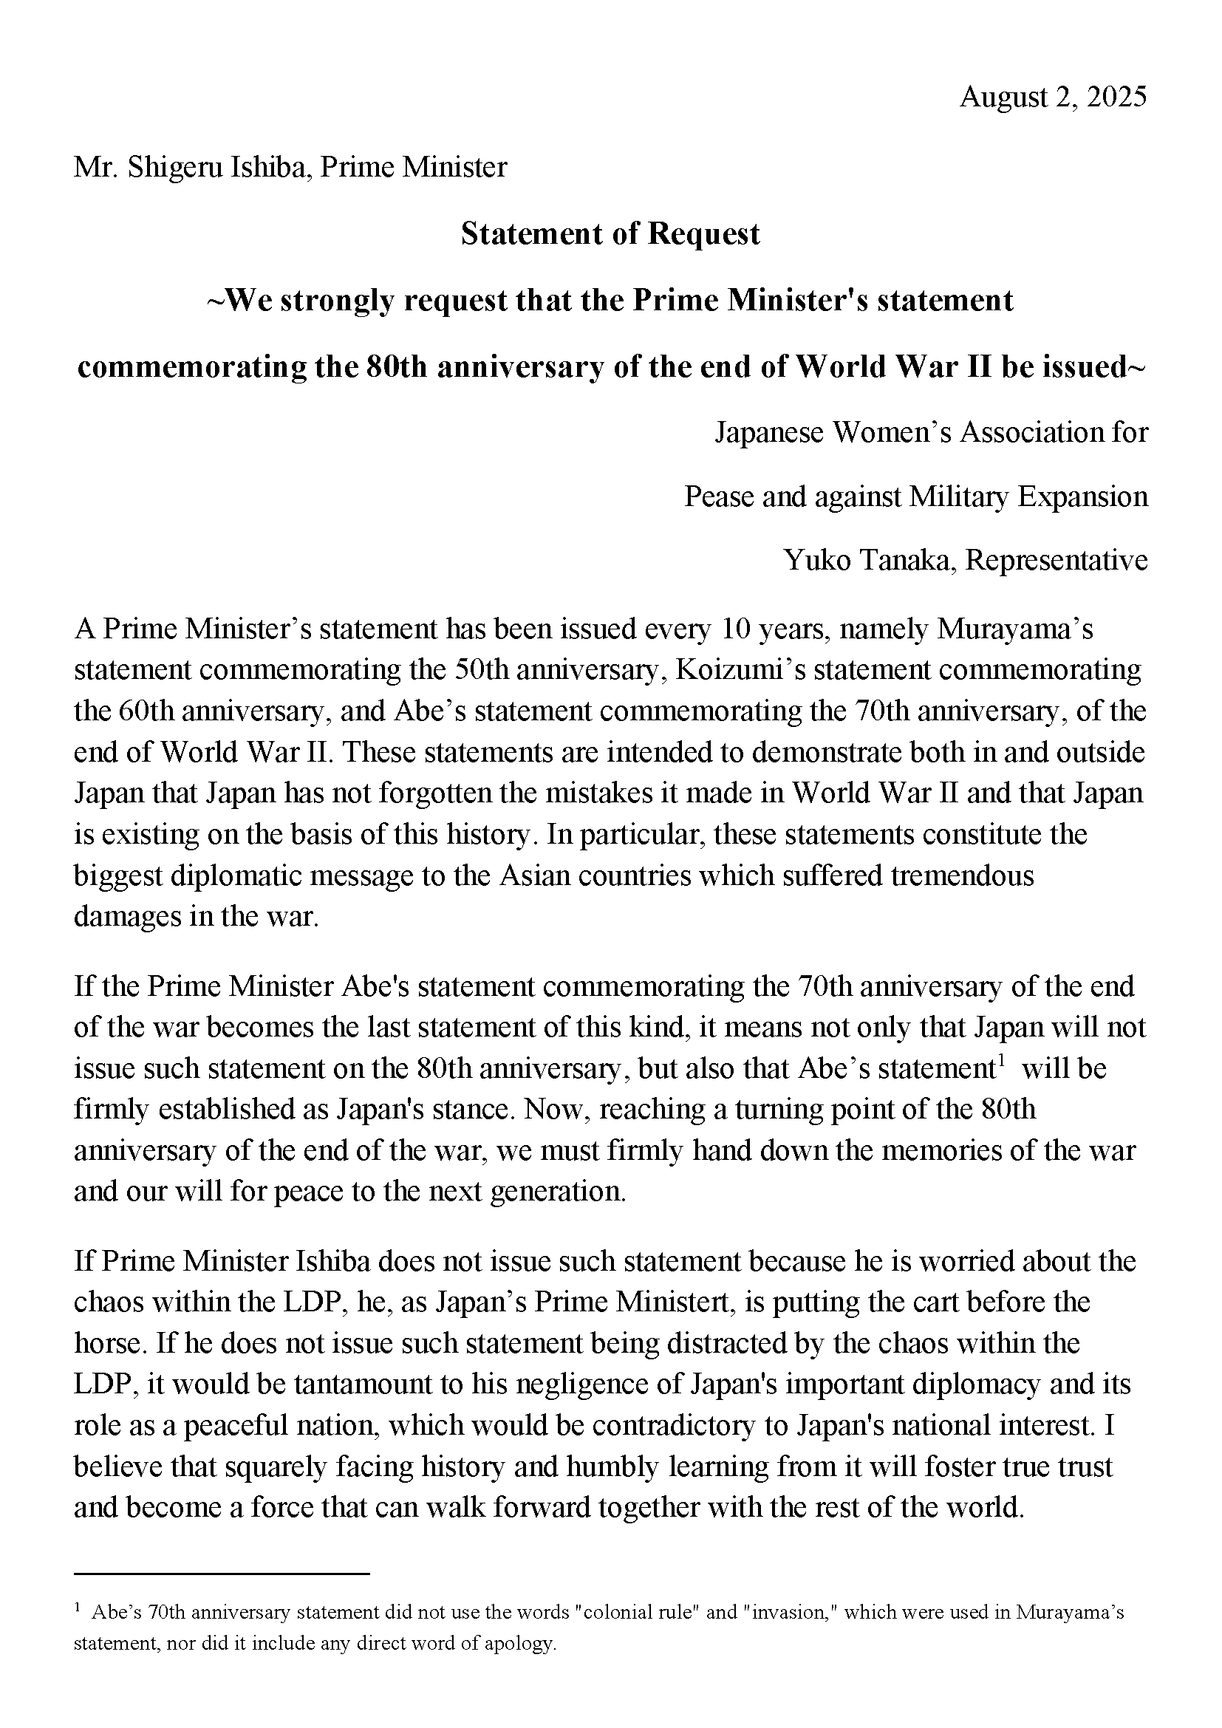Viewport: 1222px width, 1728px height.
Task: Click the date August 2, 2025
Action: coord(1053,98)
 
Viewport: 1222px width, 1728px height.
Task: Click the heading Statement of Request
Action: coord(610,234)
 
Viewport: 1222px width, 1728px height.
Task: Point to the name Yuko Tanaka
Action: coord(870,560)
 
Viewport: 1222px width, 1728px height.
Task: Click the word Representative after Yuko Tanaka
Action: coord(1057,560)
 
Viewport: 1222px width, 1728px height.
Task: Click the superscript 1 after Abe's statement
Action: coord(1002,1061)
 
